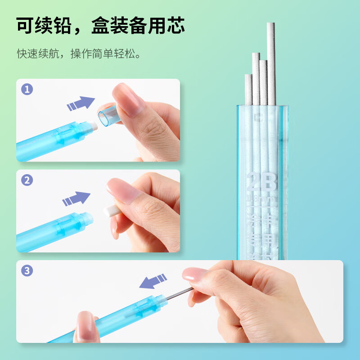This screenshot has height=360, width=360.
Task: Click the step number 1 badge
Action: [27, 90]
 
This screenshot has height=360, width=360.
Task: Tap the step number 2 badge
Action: [27, 180]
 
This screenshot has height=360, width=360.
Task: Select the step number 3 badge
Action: [27, 271]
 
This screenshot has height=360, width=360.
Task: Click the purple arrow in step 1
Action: [81, 103]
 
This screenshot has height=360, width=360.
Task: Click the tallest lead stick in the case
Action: [270, 63]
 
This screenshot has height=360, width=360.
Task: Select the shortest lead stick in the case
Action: [248, 90]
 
